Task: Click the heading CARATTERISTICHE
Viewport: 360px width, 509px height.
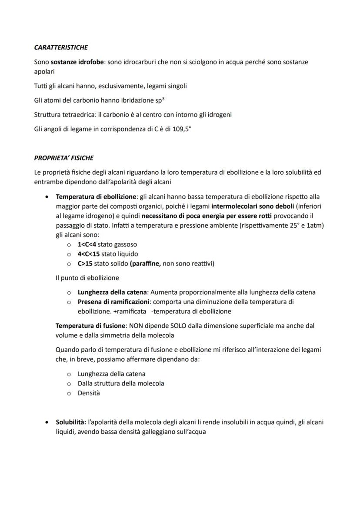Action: click(x=61, y=47)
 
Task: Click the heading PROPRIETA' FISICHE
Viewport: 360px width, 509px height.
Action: click(x=64, y=158)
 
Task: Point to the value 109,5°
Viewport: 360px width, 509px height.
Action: click(x=181, y=130)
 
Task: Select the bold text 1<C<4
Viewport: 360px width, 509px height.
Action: click(x=87, y=245)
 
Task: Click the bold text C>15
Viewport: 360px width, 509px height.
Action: click(x=85, y=263)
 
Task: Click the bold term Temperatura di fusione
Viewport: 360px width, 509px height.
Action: click(x=90, y=325)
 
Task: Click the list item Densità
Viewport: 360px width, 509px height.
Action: click(x=89, y=393)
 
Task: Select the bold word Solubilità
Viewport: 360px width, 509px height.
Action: click(x=70, y=422)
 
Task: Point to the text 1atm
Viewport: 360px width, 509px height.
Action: click(x=317, y=225)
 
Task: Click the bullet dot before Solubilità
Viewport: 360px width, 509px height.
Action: click(x=47, y=422)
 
